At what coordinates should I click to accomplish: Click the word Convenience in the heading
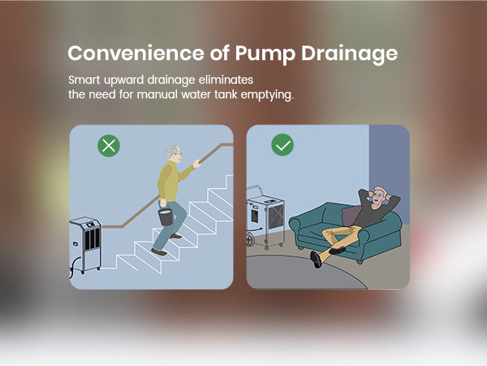pos(136,53)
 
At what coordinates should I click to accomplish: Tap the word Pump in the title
pos(265,54)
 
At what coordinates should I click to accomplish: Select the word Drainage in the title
pos(349,54)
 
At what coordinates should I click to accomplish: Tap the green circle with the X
pos(109,146)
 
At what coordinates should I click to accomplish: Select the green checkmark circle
pos(282,145)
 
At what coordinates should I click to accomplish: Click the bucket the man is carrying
pos(166,216)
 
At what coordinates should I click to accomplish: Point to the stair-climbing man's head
pos(174,154)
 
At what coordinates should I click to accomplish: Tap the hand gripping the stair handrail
pos(197,163)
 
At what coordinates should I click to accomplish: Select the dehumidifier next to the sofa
pos(265,218)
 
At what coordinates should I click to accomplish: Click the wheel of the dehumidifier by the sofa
pos(250,239)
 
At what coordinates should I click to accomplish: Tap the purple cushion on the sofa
pos(351,216)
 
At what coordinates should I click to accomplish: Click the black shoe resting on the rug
pos(316,259)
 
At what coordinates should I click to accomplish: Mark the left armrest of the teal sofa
pos(300,225)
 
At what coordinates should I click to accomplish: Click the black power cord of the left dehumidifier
pos(73,268)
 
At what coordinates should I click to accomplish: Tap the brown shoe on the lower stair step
pos(159,252)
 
